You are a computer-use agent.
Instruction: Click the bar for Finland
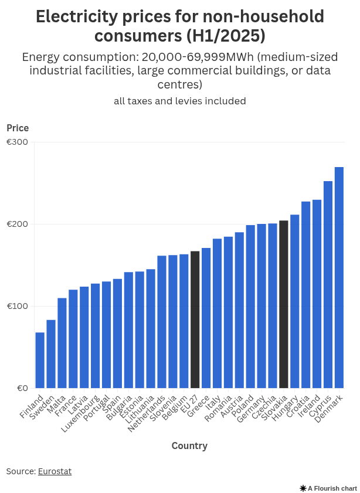(40, 360)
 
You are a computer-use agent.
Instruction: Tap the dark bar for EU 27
(195, 319)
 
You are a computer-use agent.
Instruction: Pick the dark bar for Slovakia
(284, 304)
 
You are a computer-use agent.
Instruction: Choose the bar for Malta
(62, 343)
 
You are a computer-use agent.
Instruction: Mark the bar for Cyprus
(328, 284)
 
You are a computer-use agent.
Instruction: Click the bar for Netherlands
(162, 322)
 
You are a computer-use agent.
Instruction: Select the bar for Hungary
(295, 301)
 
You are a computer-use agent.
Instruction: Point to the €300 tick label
(18, 142)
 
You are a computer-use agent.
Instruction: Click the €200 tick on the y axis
(18, 225)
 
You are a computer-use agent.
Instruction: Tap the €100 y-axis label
(18, 307)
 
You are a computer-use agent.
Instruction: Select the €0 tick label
(22, 389)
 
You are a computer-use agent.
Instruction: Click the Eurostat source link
(55, 471)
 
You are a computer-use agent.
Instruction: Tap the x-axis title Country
(189, 446)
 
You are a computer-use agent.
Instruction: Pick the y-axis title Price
(18, 128)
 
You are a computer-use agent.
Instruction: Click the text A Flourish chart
(332, 488)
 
